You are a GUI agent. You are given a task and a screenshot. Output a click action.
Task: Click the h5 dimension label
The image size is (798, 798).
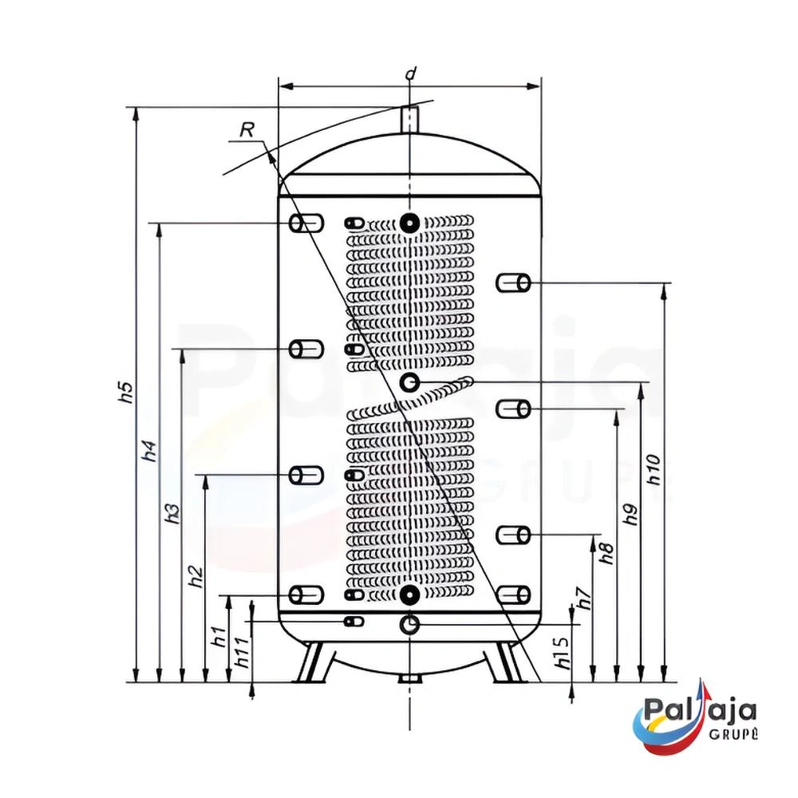coord(126,391)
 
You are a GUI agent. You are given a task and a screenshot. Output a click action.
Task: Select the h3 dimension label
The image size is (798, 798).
coord(172,513)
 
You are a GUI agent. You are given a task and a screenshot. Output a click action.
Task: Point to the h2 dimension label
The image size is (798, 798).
coord(196,576)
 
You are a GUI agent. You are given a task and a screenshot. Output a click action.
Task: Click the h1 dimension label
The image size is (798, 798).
coord(219,636)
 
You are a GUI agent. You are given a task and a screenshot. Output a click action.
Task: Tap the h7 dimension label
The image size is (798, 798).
coord(585,598)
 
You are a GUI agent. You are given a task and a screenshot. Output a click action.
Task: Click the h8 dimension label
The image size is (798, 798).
coord(607,553)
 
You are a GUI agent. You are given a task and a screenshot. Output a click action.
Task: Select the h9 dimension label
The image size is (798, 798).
coord(630,515)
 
